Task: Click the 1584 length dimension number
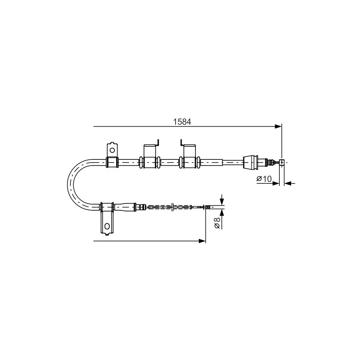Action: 182,122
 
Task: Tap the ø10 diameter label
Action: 264,178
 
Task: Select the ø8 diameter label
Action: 217,223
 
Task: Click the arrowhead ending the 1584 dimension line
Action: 278,126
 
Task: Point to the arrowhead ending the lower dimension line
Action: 202,241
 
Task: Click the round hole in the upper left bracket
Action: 112,150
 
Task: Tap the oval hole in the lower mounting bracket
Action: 107,226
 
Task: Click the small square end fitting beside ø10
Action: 282,162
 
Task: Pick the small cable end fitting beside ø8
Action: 208,207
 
